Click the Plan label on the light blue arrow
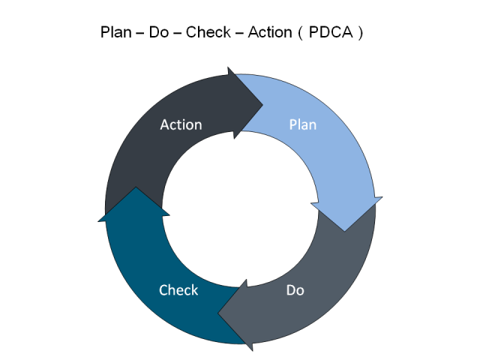[x=303, y=124]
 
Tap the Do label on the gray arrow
[x=295, y=289]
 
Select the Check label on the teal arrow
[x=178, y=289]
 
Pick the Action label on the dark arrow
[x=181, y=124]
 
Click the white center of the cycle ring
[x=240, y=208]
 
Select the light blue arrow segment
[x=330, y=150]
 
